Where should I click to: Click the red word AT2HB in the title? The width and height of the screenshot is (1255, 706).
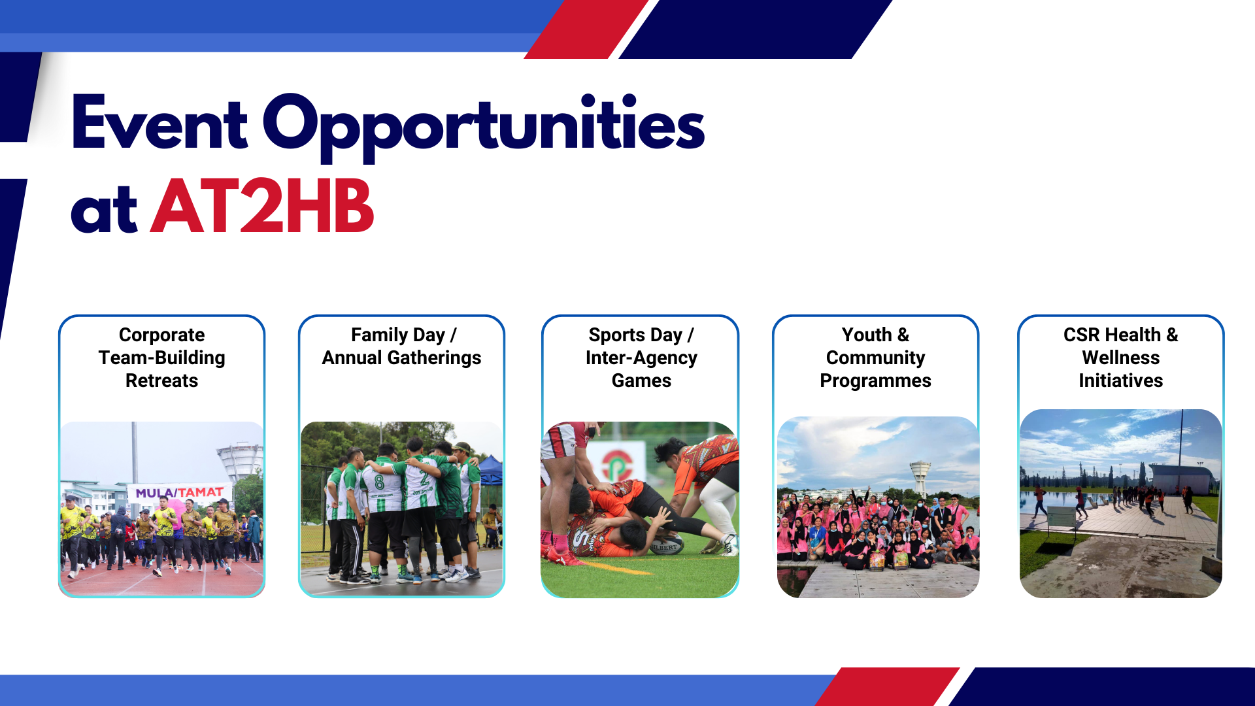[262, 206]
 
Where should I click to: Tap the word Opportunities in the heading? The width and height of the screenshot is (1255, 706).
[484, 127]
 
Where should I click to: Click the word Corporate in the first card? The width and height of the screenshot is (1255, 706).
[161, 335]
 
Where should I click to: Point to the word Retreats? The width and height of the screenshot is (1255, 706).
[161, 380]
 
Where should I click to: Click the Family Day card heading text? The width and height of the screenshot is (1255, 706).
[401, 346]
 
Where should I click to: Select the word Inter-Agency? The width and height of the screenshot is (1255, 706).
[641, 358]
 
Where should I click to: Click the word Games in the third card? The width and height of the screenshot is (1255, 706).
[641, 380]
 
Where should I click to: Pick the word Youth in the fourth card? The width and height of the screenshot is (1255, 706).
[867, 335]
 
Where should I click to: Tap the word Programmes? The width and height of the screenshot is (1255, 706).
[875, 381]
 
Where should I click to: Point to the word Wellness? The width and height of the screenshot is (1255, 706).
[1120, 358]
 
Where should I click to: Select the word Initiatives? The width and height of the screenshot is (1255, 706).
[1120, 380]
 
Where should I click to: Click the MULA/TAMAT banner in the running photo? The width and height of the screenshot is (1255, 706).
[180, 492]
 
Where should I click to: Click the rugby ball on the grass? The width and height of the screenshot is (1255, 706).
[665, 544]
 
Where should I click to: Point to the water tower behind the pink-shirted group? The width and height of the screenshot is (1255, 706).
[920, 478]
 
